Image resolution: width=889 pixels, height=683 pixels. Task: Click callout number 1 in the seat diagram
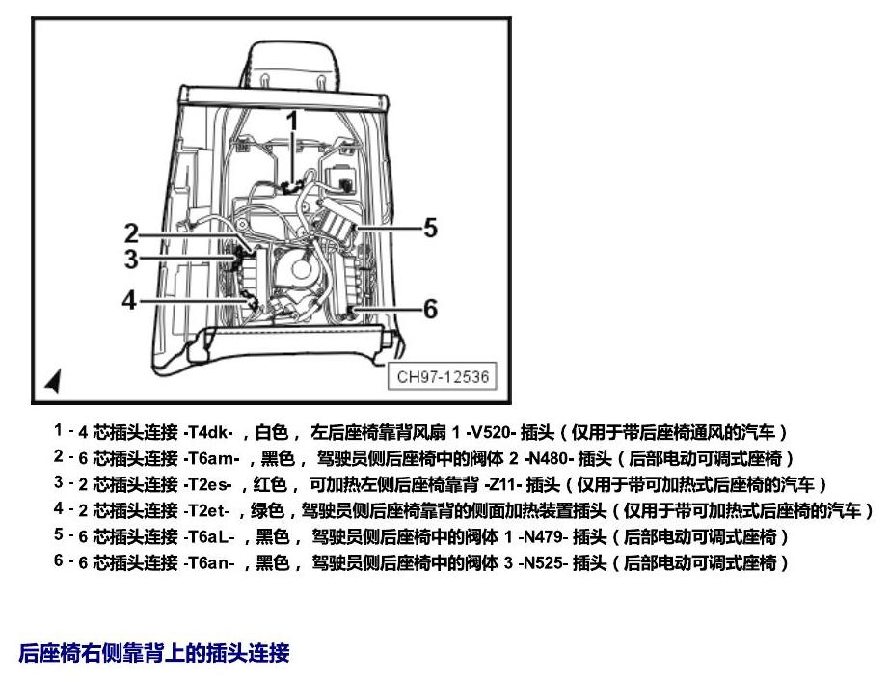click(x=292, y=122)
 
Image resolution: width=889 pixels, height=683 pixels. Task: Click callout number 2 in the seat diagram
click(x=131, y=233)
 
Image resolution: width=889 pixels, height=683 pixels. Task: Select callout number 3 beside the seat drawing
click(x=131, y=259)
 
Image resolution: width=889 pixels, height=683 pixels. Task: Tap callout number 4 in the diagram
click(x=130, y=300)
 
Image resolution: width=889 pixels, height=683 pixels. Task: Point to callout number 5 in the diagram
click(x=430, y=228)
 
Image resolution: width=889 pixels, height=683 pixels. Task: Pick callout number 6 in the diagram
click(x=430, y=309)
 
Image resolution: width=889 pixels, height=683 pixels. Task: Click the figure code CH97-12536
click(x=443, y=376)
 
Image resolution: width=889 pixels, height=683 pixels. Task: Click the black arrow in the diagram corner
click(x=53, y=380)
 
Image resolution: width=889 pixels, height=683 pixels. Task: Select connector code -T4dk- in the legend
click(x=208, y=433)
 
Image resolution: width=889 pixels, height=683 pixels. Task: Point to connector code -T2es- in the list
click(x=207, y=485)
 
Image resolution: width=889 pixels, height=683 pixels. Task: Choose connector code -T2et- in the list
click(x=206, y=510)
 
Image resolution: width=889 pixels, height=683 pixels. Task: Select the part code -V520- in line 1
click(x=491, y=433)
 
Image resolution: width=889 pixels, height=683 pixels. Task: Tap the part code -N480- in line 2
click(x=546, y=458)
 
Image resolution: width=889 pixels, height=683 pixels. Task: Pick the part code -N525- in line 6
click(x=543, y=562)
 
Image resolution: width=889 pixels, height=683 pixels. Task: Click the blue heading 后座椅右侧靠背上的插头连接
click(x=154, y=653)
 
